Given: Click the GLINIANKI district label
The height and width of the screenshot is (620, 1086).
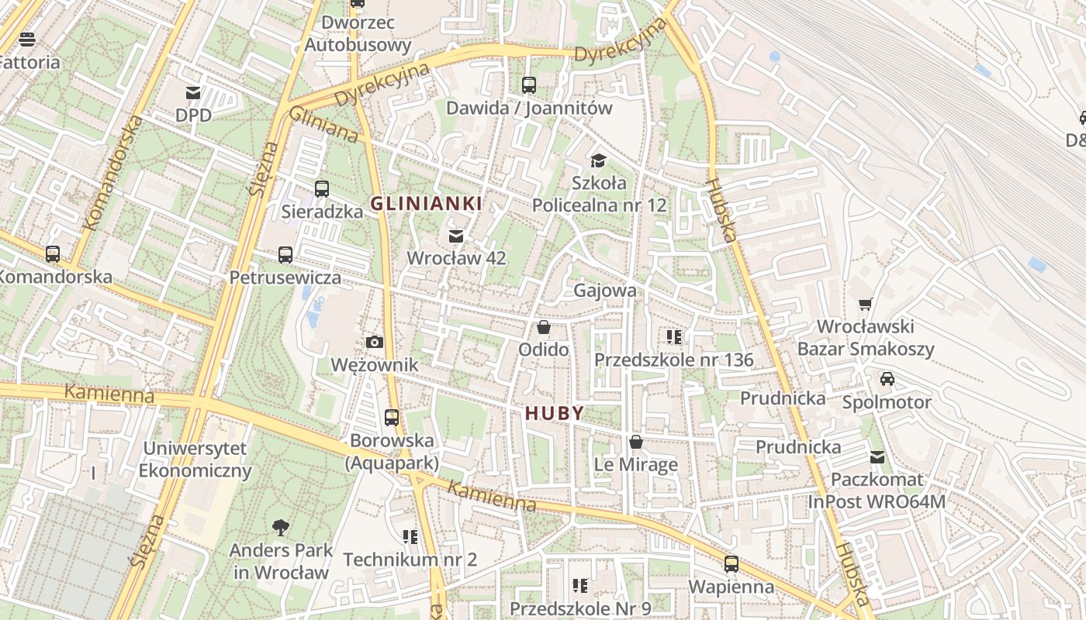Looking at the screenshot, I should [x=426, y=204].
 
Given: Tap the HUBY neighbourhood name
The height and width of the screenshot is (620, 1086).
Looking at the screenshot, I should [x=554, y=413].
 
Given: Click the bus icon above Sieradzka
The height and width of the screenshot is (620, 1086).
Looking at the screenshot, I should [x=322, y=188].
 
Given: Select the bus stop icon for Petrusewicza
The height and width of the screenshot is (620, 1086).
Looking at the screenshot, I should [x=285, y=254].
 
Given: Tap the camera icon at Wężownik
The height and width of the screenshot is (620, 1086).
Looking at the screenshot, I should [x=375, y=342].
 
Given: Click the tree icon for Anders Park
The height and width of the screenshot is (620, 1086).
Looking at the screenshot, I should [x=281, y=528].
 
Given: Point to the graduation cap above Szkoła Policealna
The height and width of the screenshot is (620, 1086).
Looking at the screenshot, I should [x=598, y=160].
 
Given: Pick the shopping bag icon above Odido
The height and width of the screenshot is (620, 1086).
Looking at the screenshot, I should [x=544, y=327].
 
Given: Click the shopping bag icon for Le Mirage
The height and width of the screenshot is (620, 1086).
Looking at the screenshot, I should [x=636, y=442].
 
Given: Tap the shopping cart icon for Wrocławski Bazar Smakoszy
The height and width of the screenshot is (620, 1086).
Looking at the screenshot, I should [x=866, y=304].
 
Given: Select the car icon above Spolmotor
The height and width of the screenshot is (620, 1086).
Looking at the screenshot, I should [x=887, y=379].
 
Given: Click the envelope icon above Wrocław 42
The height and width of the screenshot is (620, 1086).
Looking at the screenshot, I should [x=456, y=236].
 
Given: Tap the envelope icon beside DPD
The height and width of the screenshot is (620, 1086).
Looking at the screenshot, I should [x=193, y=93].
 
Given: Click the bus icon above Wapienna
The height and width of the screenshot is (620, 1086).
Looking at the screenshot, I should [x=731, y=563].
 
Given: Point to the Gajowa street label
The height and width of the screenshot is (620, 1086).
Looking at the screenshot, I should [x=605, y=291].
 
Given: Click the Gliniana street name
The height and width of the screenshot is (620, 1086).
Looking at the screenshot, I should [x=323, y=125].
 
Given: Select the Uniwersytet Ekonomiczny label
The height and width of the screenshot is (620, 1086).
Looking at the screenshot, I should [x=195, y=460].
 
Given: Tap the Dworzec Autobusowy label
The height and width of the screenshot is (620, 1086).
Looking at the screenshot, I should [x=358, y=34].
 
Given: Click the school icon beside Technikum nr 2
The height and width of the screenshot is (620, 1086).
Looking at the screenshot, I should [x=410, y=536].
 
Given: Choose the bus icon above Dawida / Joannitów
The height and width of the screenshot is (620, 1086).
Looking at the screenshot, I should [x=529, y=85].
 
